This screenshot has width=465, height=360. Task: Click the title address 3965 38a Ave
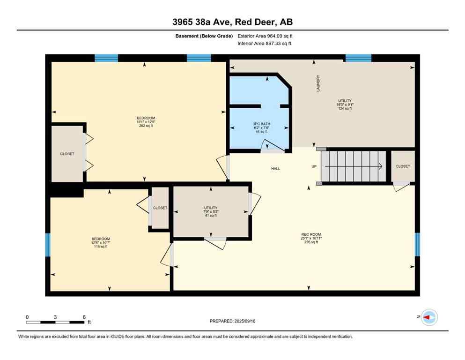pyautogui.click(x=232, y=22)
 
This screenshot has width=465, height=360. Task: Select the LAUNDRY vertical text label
pyautogui.click(x=318, y=83)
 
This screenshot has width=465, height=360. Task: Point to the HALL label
pyautogui.click(x=275, y=169)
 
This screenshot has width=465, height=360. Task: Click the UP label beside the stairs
pyautogui.click(x=314, y=166)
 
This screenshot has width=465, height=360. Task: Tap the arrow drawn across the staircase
pyautogui.click(x=354, y=166)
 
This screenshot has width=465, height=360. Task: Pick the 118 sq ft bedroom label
pyautogui.click(x=100, y=243)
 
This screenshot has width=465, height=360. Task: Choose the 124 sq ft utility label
pyautogui.click(x=345, y=105)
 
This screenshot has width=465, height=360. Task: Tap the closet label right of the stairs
pyautogui.click(x=403, y=166)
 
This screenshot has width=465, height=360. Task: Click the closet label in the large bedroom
pyautogui.click(x=67, y=154)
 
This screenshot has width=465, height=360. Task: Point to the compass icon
pyautogui.click(x=429, y=317)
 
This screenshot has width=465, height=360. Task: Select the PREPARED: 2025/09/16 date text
pyautogui.click(x=232, y=321)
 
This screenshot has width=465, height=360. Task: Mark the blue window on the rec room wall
pyautogui.click(x=417, y=244)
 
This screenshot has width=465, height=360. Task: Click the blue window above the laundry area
pyautogui.click(x=358, y=58)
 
